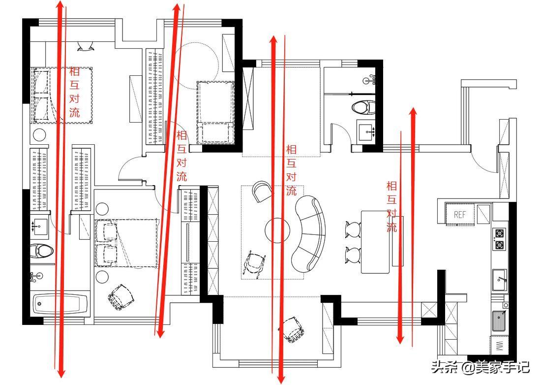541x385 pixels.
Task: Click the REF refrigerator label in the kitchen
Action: coord(459,215)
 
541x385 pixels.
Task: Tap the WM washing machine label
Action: coord(499,346)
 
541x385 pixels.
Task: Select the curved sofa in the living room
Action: coord(309,234)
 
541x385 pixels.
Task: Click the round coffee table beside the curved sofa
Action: coord(277,230)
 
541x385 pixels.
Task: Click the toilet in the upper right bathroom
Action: coord(363,107)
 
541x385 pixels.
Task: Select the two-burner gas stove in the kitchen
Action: coord(499,239)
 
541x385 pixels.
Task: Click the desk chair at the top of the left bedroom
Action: coord(85,46)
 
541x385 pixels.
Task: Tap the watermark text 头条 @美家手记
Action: coord(481,367)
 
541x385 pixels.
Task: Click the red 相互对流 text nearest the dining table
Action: coord(391,206)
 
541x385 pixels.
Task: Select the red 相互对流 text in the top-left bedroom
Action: coord(74,92)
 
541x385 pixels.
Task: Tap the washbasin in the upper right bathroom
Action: coord(366,131)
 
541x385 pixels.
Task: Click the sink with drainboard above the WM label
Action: coord(499,321)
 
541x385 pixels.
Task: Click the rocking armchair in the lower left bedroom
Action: coord(121,296)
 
